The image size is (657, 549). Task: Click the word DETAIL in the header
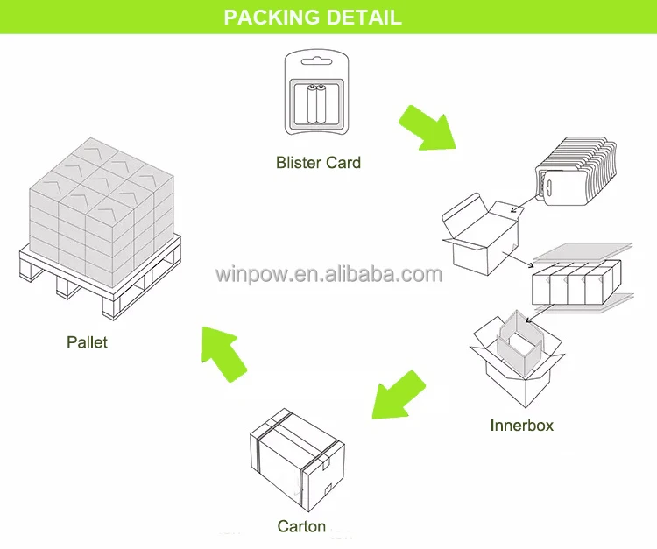pyautogui.click(x=362, y=17)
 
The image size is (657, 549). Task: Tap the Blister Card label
pyautogui.click(x=318, y=162)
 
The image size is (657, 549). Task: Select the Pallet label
pyautogui.click(x=87, y=341)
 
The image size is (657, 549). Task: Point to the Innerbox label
pyautogui.click(x=521, y=426)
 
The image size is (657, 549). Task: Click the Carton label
pyautogui.click(x=301, y=526)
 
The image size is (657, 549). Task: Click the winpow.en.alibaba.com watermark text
pyautogui.click(x=328, y=274)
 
